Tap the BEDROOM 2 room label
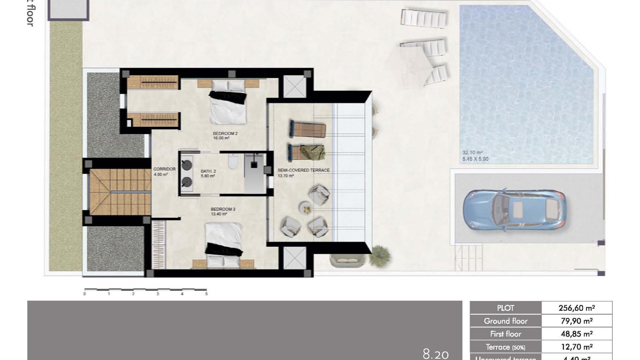(x=225, y=134)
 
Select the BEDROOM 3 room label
(x=223, y=209)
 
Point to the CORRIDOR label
(x=164, y=169)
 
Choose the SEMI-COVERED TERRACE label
(x=303, y=170)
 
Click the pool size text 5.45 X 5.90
(x=475, y=159)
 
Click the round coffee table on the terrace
(x=305, y=208)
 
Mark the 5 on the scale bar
(x=206, y=294)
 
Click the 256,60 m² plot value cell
(x=576, y=308)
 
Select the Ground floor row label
(x=505, y=321)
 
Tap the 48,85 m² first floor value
(x=576, y=334)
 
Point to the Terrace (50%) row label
(x=505, y=347)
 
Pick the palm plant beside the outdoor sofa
(x=380, y=255)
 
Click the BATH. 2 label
(x=208, y=171)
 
